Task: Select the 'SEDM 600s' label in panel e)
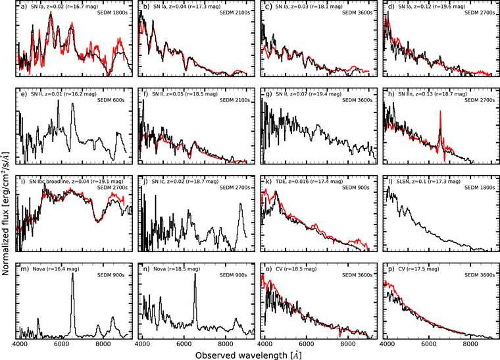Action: coord(114,99)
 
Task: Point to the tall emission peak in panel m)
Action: coord(72,274)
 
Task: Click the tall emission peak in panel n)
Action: coord(195,275)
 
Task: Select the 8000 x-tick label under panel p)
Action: coord(469,343)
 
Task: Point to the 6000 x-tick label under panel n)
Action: coord(183,343)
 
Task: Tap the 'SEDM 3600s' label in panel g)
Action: coord(359,99)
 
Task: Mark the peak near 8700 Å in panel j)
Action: coord(241,205)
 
